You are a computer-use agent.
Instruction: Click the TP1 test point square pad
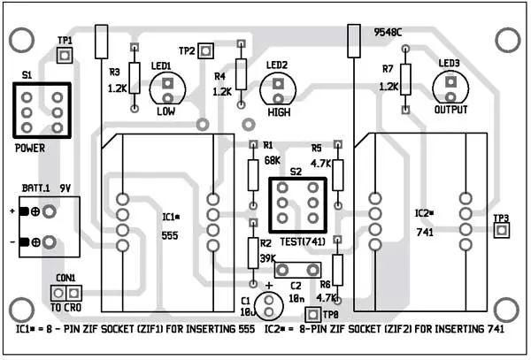(x=65, y=56)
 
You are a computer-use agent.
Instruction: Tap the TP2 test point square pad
(x=206, y=50)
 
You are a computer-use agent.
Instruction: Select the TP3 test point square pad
(x=501, y=232)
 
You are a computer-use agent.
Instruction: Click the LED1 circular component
(x=165, y=86)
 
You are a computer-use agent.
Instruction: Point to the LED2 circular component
(x=277, y=88)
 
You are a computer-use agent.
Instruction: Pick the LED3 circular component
(x=450, y=86)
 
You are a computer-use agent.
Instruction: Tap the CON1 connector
(x=65, y=292)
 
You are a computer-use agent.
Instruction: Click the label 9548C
(x=388, y=33)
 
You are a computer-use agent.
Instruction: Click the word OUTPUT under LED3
(x=451, y=111)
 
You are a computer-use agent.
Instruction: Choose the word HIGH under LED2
(x=277, y=114)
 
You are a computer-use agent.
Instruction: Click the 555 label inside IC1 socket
(x=171, y=236)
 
